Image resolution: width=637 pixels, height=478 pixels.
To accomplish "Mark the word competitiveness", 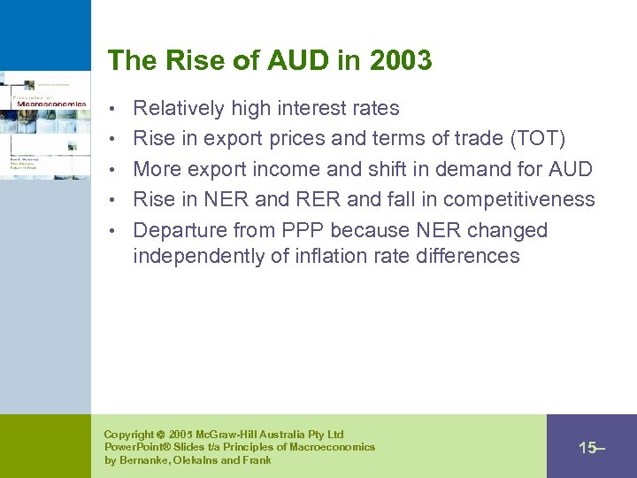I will pos(519,199).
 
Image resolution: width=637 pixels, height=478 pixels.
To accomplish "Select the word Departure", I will pos(180,230).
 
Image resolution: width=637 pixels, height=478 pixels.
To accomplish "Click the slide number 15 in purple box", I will pos(588,448).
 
